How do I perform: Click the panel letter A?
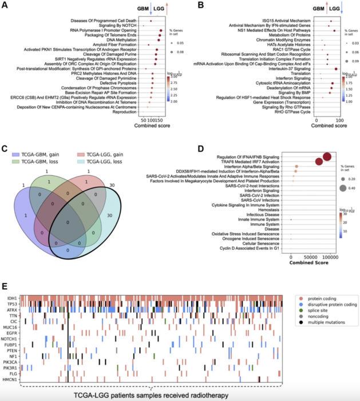pyautogui.click(x=6, y=6)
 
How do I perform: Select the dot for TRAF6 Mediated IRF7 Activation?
pyautogui.click(x=319, y=163)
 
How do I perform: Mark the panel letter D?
pyautogui.click(x=183, y=148)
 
